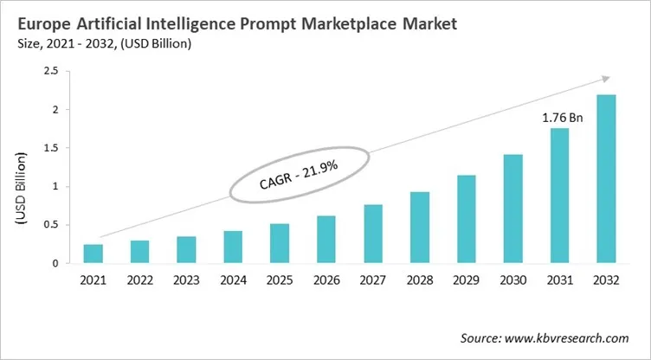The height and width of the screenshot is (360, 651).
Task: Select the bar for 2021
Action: [x=93, y=254]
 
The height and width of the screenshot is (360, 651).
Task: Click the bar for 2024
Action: [x=233, y=247]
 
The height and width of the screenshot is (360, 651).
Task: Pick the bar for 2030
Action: [x=513, y=209]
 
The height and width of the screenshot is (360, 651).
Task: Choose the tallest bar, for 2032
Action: [x=607, y=178]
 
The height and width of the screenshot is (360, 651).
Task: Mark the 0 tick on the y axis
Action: [x=58, y=263]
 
